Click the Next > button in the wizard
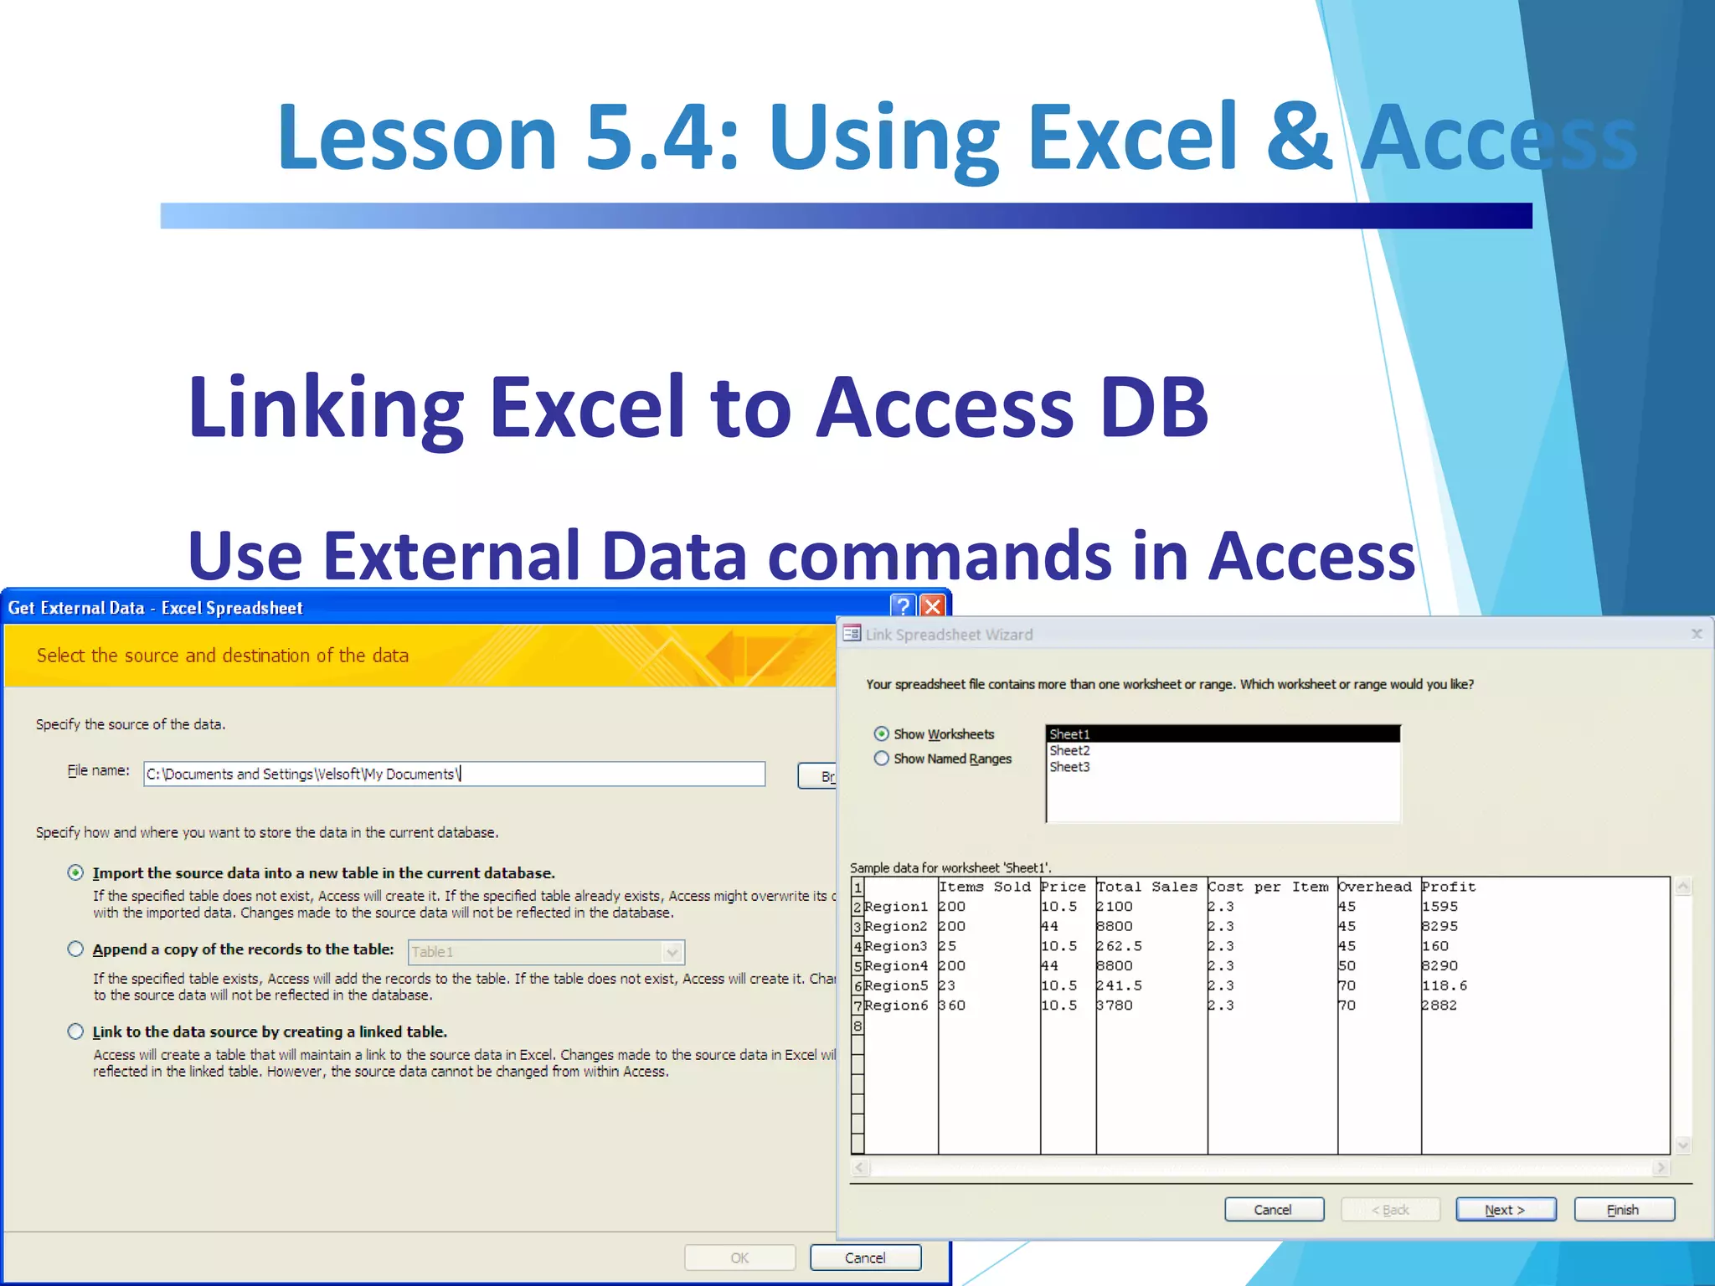tap(1505, 1210)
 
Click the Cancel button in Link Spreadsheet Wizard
tap(1273, 1210)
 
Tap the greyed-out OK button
tap(739, 1258)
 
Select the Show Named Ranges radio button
tap(882, 759)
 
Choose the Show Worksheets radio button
tap(882, 734)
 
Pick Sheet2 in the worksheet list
tap(1069, 751)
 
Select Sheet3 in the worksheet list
tap(1069, 767)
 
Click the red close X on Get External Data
tap(932, 606)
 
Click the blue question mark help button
tap(903, 606)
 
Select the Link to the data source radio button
tap(75, 1031)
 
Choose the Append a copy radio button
tap(75, 949)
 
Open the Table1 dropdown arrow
tap(672, 953)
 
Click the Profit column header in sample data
tap(1449, 887)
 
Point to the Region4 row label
tap(896, 966)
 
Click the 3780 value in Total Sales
tap(1115, 1006)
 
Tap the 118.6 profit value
tap(1445, 985)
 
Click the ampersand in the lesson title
tap(1298, 136)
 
